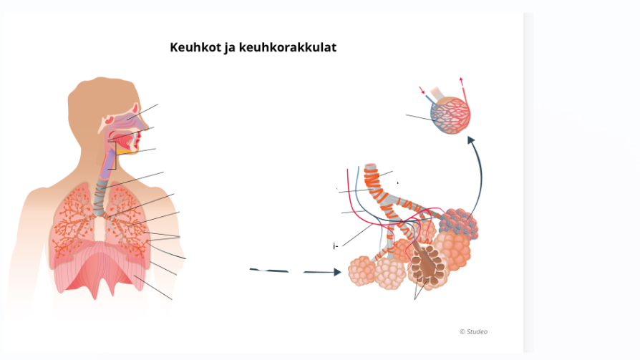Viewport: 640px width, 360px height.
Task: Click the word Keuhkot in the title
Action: (x=191, y=48)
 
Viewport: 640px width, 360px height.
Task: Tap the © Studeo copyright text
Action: (x=473, y=331)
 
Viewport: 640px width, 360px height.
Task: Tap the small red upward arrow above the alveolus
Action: (x=462, y=81)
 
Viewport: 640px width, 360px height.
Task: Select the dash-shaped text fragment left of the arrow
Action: (x=269, y=271)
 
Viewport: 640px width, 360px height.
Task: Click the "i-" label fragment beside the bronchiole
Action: (x=335, y=246)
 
